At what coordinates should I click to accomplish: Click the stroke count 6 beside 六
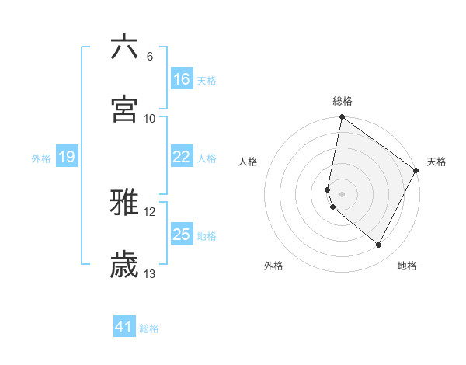[x=149, y=56]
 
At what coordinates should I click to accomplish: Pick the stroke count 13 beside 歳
[x=150, y=273]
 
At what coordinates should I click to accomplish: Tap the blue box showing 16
[x=182, y=79]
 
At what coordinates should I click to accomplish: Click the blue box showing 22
[x=182, y=157]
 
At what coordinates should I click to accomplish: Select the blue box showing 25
[x=182, y=235]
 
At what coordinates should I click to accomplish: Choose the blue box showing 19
[x=67, y=158]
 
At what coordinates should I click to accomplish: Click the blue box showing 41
[x=124, y=327]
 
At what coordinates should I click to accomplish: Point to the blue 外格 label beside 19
[x=41, y=158]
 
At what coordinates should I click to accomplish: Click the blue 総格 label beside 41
[x=149, y=328]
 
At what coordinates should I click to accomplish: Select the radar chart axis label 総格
[x=343, y=101]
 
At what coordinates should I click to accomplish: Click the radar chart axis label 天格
[x=436, y=162]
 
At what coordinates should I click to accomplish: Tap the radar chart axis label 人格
[x=249, y=162]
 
